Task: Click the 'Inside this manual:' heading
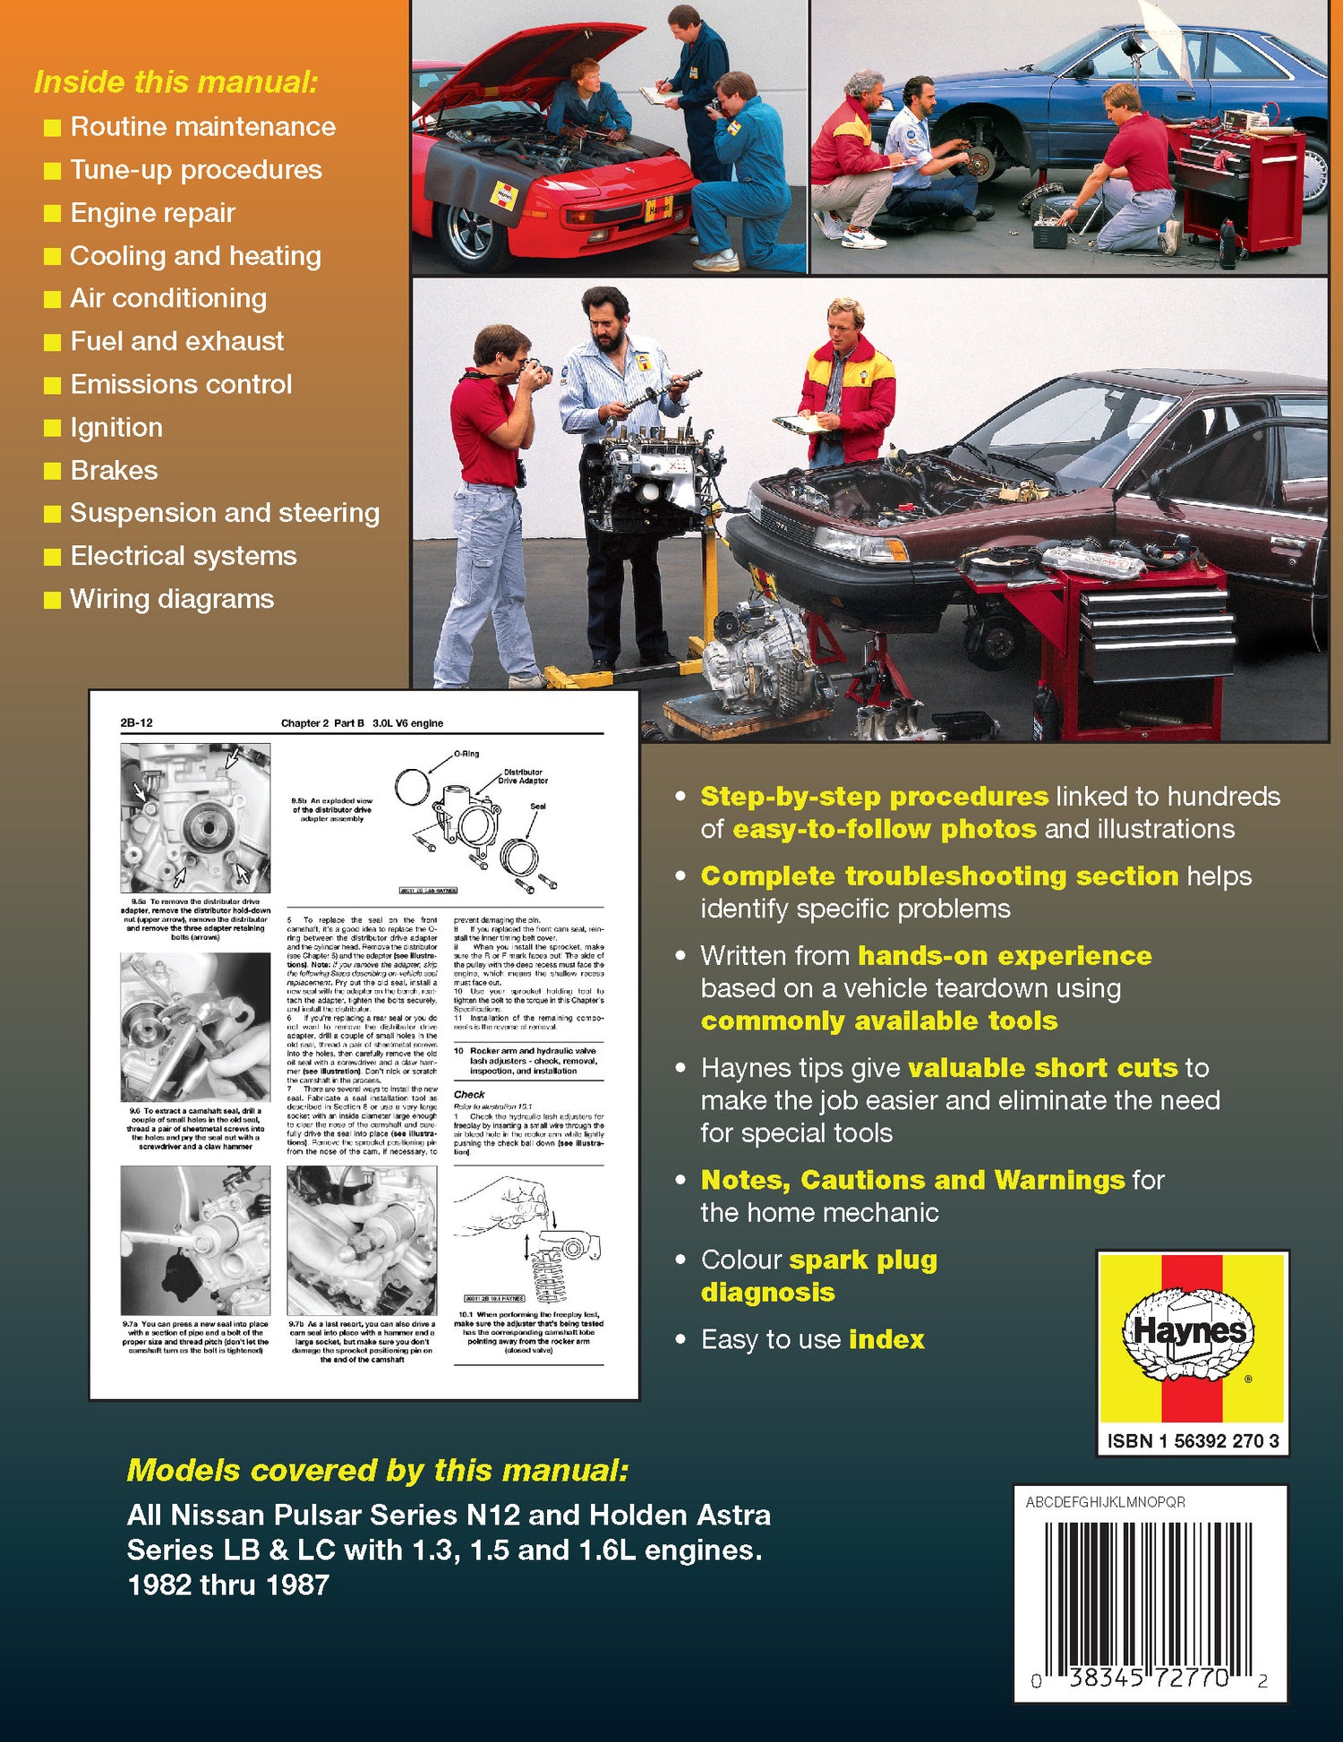click(x=175, y=82)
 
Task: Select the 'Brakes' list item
click(x=114, y=470)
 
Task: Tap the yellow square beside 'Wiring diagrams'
click(x=53, y=600)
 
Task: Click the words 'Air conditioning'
click(x=168, y=298)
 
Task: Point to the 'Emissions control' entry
click(x=181, y=384)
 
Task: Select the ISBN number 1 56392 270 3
click(x=1193, y=1440)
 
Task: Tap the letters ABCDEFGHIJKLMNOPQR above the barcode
click(x=1105, y=1502)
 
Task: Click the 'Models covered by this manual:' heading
click(x=378, y=1470)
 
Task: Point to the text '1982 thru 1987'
click(x=228, y=1585)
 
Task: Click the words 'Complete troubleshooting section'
click(x=938, y=875)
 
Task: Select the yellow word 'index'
click(x=886, y=1339)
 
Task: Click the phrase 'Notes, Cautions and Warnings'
click(x=911, y=1180)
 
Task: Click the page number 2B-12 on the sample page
click(x=136, y=722)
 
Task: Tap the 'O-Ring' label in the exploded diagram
click(x=466, y=754)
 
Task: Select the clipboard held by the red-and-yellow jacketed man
click(x=800, y=423)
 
